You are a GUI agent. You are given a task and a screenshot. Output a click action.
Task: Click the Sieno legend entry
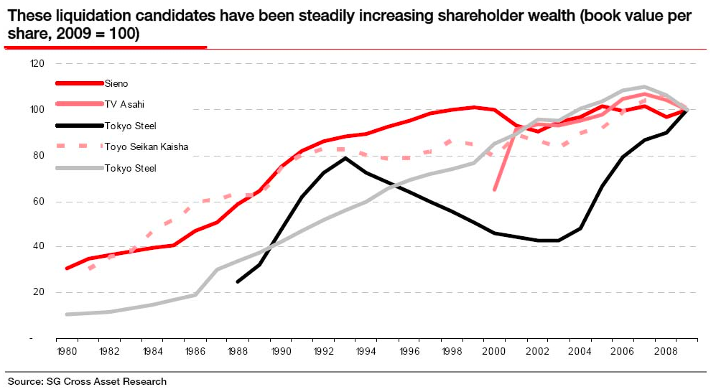pos(116,84)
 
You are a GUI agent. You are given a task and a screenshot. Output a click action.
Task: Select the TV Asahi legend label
pos(124,105)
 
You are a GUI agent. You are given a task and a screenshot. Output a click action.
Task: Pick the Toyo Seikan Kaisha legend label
pos(141,147)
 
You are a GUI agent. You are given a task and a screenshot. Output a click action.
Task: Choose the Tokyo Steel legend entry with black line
pos(129,126)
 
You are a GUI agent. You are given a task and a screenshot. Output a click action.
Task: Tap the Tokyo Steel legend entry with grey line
pos(129,169)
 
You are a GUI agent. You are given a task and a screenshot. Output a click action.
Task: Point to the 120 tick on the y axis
pos(37,64)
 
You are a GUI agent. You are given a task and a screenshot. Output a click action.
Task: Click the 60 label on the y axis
pos(39,201)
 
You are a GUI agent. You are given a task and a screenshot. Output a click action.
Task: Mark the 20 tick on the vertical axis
pos(39,292)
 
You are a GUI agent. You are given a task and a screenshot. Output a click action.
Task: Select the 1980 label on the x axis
pos(67,353)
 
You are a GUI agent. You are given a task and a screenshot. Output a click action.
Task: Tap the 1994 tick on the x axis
pos(366,353)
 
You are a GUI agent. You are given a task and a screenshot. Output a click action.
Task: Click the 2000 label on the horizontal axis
pos(495,353)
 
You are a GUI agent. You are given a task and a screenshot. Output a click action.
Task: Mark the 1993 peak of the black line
pos(345,158)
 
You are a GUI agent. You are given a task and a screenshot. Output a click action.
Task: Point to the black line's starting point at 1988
pos(238,281)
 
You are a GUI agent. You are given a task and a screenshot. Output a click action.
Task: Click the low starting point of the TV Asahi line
pos(495,190)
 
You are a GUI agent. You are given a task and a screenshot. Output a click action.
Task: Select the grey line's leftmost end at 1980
pos(67,314)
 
